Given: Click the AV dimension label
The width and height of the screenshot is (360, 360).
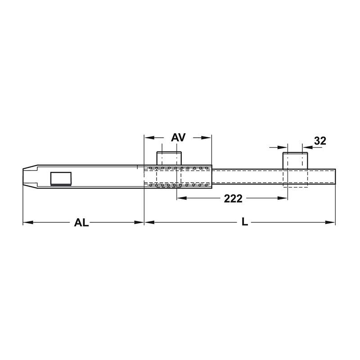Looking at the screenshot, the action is (178, 138).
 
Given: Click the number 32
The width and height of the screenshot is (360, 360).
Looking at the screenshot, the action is (320, 141).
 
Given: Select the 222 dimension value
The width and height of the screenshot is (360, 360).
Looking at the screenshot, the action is (233, 198).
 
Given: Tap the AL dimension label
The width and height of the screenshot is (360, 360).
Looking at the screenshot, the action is (81, 223).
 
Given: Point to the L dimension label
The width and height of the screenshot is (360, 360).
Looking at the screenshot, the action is (245, 222).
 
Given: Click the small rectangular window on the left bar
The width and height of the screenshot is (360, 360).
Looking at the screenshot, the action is (61, 178).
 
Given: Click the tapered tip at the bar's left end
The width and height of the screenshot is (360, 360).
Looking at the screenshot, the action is (30, 176).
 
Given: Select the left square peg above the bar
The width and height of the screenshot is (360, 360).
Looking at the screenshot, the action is (169, 158).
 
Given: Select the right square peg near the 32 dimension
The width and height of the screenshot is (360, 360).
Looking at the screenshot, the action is (295, 161).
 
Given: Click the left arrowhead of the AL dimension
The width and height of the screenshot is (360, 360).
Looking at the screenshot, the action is (28, 222).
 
